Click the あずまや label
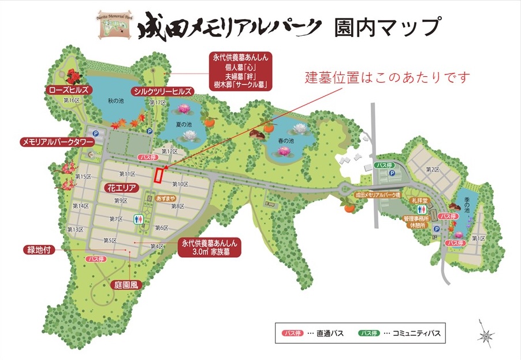(x=166, y=198)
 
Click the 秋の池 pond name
(x=116, y=101)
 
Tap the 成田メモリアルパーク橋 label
(x=378, y=195)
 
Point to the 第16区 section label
(x=71, y=100)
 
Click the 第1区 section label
(x=478, y=238)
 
